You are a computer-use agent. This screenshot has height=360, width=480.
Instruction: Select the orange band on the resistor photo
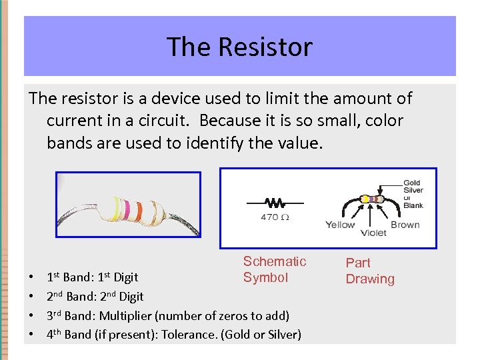(x=138, y=211)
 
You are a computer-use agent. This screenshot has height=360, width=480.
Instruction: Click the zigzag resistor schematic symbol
(x=274, y=202)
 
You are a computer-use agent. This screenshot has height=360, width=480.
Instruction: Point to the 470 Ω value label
(x=274, y=217)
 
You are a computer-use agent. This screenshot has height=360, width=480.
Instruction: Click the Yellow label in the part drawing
(x=340, y=225)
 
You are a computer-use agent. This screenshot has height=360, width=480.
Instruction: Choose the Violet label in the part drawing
(x=373, y=233)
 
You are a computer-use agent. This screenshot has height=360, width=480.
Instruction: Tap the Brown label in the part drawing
(x=405, y=225)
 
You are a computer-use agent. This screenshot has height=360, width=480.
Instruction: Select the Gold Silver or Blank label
(x=413, y=194)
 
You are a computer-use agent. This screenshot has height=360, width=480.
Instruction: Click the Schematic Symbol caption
(x=274, y=269)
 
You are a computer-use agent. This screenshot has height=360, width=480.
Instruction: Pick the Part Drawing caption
(x=369, y=271)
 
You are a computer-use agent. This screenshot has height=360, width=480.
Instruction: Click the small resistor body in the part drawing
(x=371, y=199)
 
